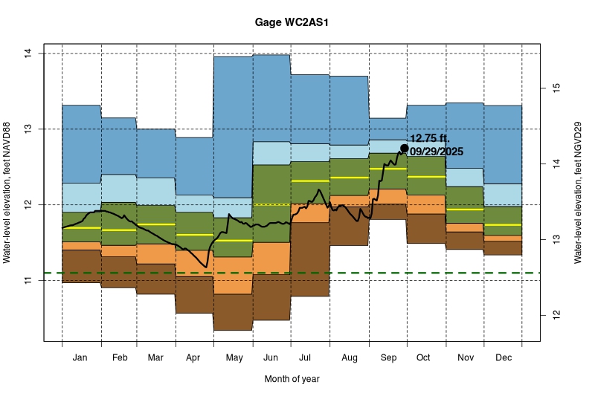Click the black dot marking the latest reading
405,148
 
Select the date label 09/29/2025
437,152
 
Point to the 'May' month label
234,358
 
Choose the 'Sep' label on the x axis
388,358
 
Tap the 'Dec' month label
503,358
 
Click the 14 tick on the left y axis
28,53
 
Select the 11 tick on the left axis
28,280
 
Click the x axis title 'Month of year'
292,379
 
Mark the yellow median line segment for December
503,224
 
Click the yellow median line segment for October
426,177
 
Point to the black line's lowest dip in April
206,267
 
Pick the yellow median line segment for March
156,224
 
